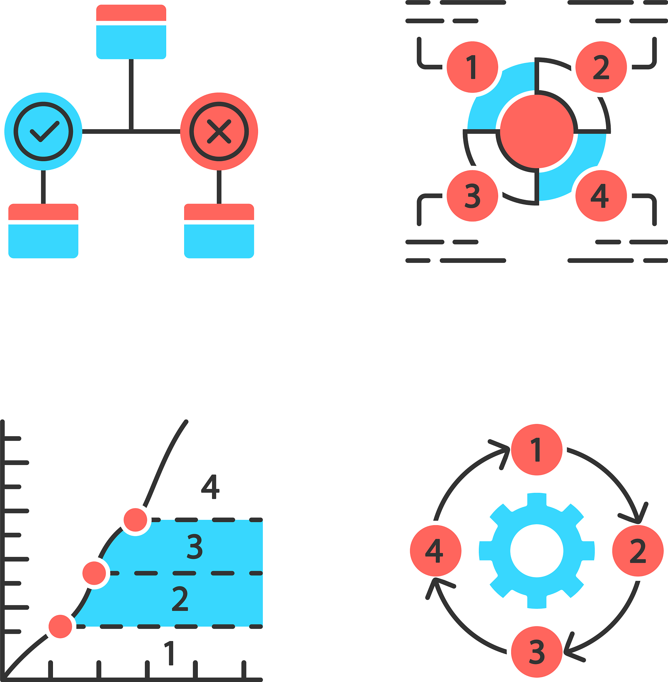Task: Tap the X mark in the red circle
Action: pos(219,132)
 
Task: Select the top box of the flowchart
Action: pos(131,32)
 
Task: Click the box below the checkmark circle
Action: pos(43,231)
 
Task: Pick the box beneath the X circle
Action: pos(219,231)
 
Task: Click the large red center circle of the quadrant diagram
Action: pos(537,132)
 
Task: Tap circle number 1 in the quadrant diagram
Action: pos(473,67)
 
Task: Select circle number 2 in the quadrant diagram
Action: pos(601,67)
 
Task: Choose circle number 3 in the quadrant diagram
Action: pos(473,196)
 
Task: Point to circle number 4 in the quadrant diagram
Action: pos(601,196)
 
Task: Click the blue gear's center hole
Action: pos(537,551)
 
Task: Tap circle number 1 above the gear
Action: pos(537,450)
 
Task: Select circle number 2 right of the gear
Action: pos(638,551)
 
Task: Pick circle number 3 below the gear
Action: pos(537,652)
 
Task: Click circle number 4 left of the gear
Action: pos(436,551)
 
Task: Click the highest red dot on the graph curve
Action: pos(136,520)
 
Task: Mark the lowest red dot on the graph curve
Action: pos(60,627)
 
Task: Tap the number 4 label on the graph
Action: pos(210,487)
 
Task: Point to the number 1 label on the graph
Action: pos(169,653)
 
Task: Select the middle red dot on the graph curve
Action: pos(94,573)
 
